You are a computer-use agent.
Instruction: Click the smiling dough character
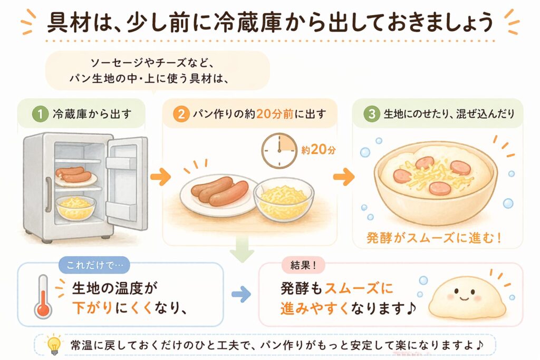pyautogui.click(x=465, y=300)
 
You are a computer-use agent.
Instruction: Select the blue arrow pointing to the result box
pyautogui.click(x=241, y=295)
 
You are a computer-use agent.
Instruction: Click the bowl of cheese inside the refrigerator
pyautogui.click(x=75, y=207)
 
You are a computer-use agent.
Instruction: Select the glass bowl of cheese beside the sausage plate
pyautogui.click(x=284, y=200)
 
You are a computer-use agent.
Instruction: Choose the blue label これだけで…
pyautogui.click(x=90, y=265)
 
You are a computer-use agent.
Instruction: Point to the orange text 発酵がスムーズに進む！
pyautogui.click(x=434, y=238)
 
